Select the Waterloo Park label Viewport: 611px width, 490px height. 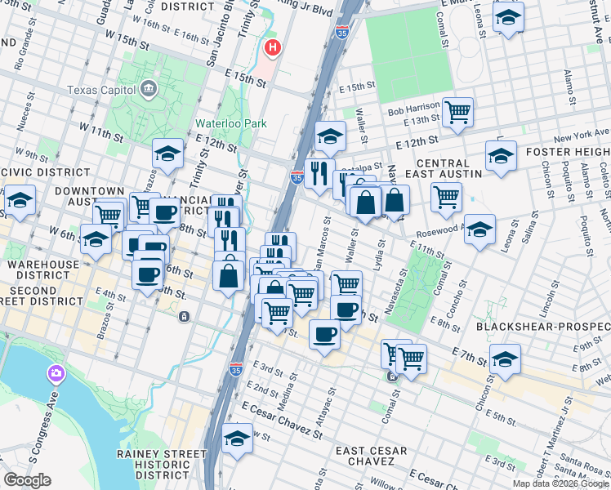click(231, 124)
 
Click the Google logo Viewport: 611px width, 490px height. click(26, 480)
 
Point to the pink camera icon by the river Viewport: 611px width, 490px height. click(56, 374)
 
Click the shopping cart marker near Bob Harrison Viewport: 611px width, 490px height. click(457, 110)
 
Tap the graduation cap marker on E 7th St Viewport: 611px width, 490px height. click(505, 359)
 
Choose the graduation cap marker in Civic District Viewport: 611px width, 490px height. click(19, 200)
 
